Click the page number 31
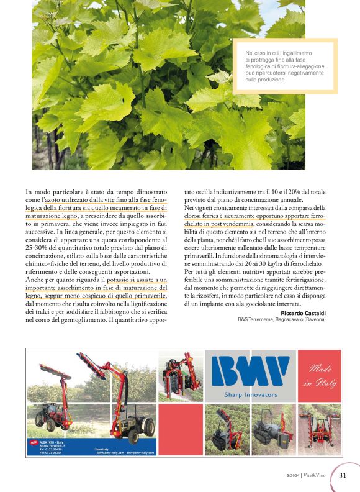tap(342, 476)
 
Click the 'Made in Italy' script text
tap(320, 376)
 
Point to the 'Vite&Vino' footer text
tap(317, 476)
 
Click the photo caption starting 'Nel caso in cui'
tap(283, 66)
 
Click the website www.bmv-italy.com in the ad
tap(111, 453)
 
